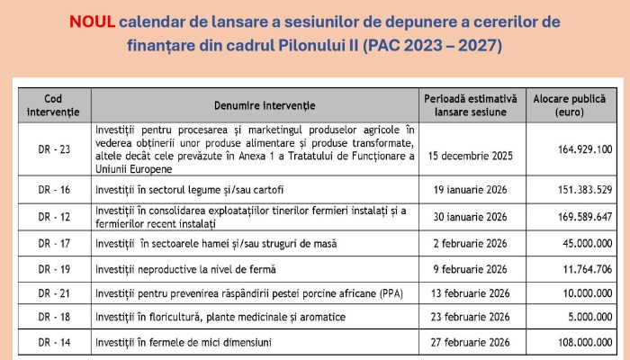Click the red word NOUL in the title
point(92,21)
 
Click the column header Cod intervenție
point(52,103)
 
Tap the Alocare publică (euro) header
point(571,103)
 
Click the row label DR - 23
point(52,148)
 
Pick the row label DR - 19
point(52,268)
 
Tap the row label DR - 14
point(52,343)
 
